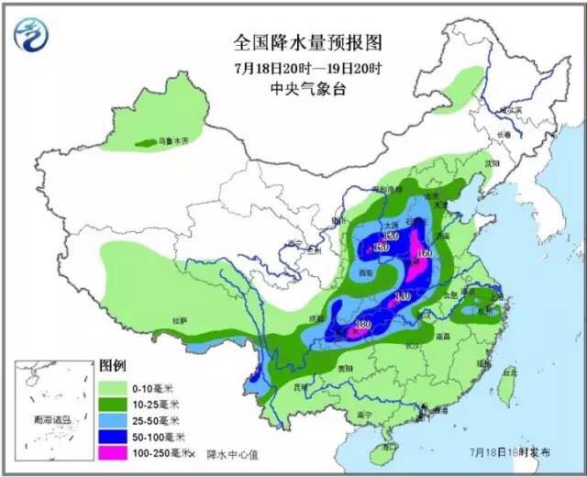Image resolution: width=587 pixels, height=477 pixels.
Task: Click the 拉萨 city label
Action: [179, 320]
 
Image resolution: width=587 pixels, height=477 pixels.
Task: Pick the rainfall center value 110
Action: [402, 296]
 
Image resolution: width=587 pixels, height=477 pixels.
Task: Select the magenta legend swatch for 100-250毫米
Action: [115, 452]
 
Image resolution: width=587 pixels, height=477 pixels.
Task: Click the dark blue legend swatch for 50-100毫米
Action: [115, 437]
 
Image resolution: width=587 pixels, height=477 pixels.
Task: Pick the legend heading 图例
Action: [112, 365]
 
